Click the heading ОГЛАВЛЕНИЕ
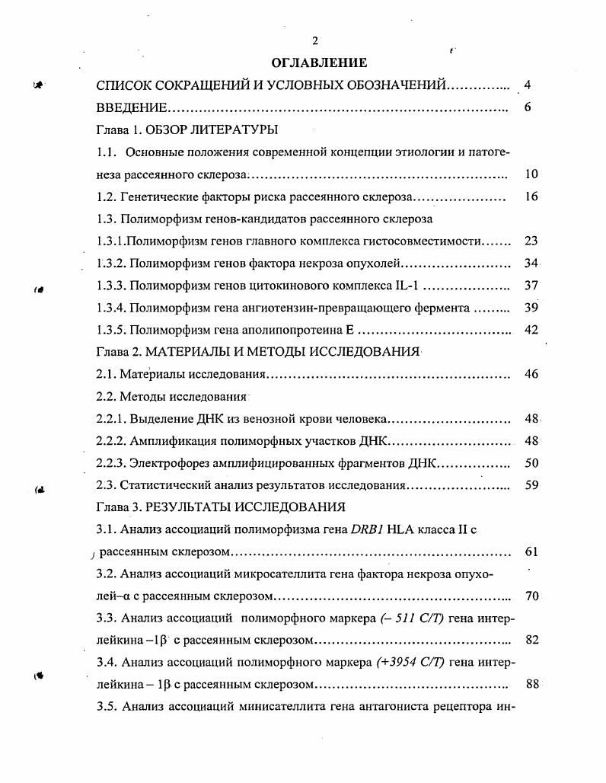319,62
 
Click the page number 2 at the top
314,41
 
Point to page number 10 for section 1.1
531,174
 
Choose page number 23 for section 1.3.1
531,241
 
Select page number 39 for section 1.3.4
531,308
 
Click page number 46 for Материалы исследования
531,375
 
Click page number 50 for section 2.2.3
531,463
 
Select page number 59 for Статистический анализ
531,485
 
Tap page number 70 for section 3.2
531,596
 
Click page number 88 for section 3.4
531,684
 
